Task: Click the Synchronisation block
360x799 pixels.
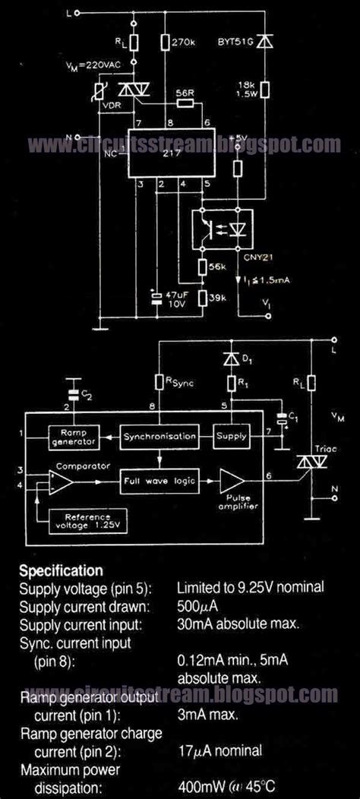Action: (x=160, y=436)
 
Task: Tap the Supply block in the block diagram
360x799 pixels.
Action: (x=231, y=436)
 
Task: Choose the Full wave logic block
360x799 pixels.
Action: (x=159, y=481)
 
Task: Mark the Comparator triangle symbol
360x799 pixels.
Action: (x=61, y=482)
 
